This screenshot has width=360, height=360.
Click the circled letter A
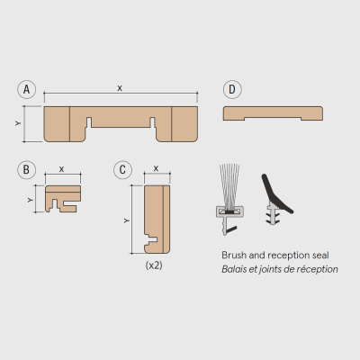tap(27, 89)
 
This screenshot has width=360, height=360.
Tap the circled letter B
tap(26, 170)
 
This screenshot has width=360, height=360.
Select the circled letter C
tap(122, 170)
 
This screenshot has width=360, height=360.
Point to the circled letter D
tap(232, 89)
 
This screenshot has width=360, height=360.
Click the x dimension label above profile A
tap(120, 88)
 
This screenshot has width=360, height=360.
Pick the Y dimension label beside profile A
tap(18, 123)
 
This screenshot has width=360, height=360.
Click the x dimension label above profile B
tap(61, 169)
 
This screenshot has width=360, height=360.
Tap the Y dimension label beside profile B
tap(30, 200)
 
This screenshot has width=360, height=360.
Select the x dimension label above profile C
tap(156, 168)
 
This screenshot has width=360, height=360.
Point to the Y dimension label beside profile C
tap(127, 220)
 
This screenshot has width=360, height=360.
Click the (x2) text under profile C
tap(154, 265)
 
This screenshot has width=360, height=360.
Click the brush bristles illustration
tap(229, 185)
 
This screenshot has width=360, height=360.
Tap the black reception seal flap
tap(275, 194)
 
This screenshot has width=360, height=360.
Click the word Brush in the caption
tap(234, 256)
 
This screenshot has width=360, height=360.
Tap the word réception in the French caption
tap(317, 269)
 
